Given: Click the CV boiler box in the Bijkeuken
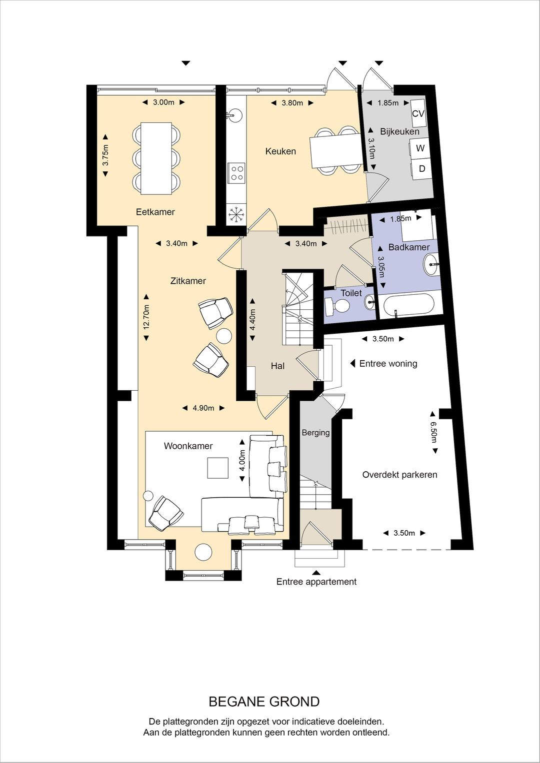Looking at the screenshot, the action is [418, 113].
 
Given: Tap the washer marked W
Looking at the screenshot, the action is [420, 148].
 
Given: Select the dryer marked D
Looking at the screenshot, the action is [421, 169].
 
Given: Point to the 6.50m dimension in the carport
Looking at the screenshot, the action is [433, 432].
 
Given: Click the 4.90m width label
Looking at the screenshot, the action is [203, 408].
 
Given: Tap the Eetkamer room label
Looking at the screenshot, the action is [155, 212].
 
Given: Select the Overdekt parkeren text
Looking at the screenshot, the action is [399, 475].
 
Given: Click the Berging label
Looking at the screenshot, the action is [315, 433].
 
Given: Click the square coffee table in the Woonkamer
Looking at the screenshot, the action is [218, 468].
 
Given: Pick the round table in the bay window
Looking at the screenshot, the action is [203, 552].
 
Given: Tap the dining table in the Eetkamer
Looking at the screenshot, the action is [156, 158].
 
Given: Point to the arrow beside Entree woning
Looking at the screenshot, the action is [353, 363].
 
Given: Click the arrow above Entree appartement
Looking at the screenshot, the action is [316, 573].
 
